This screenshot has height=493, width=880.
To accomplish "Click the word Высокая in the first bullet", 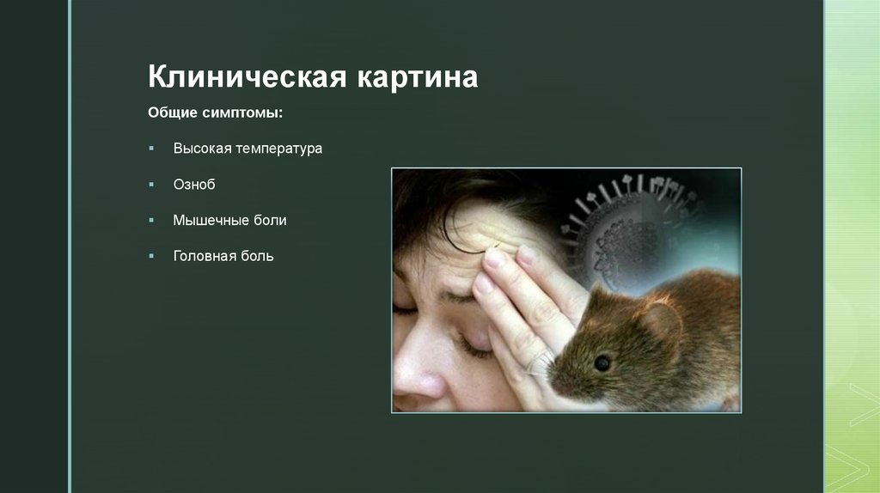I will tap(203, 149).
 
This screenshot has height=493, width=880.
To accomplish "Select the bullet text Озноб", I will tap(193, 185).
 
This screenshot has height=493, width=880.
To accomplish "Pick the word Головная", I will tap(205, 256).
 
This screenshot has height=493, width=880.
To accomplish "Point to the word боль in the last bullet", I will tap(257, 256).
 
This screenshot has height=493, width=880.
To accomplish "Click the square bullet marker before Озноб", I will tap(151, 185).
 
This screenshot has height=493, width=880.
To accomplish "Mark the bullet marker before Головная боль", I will tap(151, 256).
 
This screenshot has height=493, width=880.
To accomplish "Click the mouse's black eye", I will tap(602, 362).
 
